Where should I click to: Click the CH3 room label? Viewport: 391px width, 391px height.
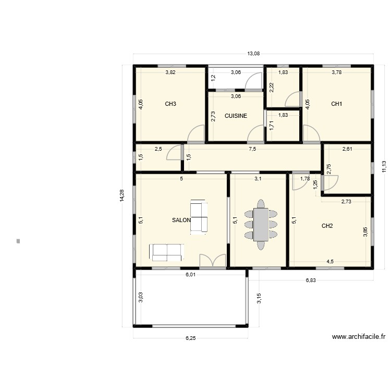coord(170,104)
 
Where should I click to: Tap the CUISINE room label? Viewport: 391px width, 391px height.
coord(236,116)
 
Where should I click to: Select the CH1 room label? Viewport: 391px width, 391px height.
coord(337,104)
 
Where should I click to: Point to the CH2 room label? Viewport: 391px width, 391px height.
coord(327,226)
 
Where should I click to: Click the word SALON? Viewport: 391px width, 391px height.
coord(181,220)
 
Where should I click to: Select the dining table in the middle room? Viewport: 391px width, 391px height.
coord(261,224)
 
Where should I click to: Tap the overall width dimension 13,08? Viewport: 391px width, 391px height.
coord(253,54)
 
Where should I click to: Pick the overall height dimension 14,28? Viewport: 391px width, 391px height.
coord(122,195)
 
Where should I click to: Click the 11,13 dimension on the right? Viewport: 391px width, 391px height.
coord(384,166)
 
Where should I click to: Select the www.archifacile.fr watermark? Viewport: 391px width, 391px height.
coord(358,337)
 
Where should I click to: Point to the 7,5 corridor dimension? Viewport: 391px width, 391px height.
coord(252,149)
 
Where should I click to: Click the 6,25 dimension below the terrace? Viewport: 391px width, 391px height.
coord(191,338)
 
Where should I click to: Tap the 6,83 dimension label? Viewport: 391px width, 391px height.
coord(311,280)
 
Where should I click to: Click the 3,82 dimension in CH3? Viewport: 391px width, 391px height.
coord(170,72)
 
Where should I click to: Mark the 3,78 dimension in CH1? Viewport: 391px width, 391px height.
coord(337,72)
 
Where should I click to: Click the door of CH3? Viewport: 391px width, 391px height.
coord(196,135)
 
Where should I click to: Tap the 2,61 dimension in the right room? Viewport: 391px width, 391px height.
coord(347,149)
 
